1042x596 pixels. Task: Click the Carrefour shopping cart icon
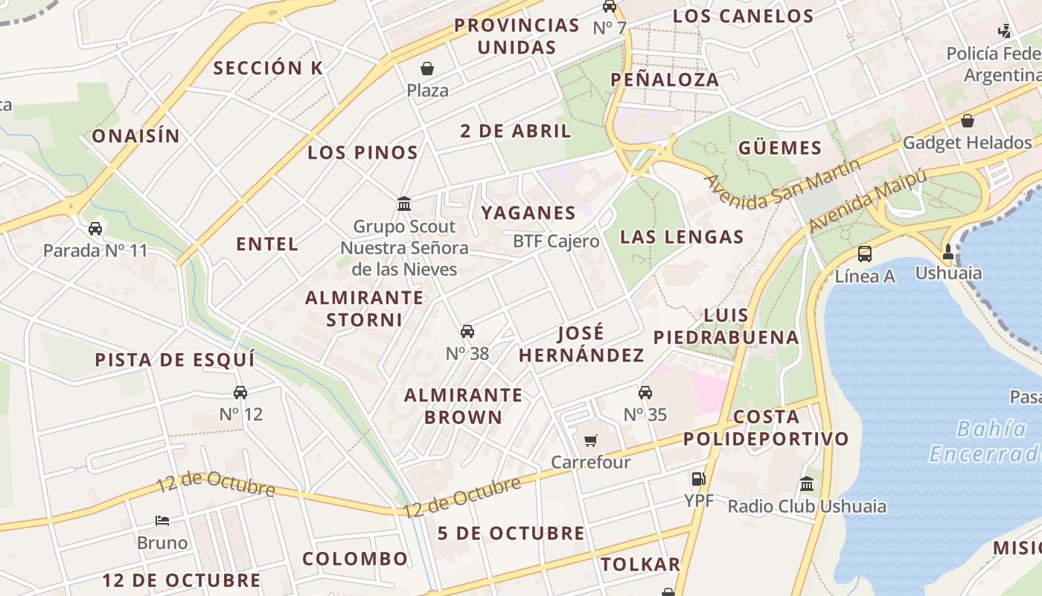tap(591, 440)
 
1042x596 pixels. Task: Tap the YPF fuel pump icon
tap(698, 479)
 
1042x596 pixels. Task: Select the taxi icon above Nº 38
tap(467, 332)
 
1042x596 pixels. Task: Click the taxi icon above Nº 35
tap(645, 393)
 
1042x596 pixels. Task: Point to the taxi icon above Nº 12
tap(240, 393)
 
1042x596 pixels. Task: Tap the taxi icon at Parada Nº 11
tap(95, 229)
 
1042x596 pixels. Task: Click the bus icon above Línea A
tap(865, 254)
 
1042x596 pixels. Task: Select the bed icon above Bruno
tap(162, 520)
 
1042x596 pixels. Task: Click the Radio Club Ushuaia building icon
tap(807, 485)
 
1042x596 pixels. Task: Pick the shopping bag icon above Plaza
tap(428, 69)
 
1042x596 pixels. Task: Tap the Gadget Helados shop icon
tap(968, 121)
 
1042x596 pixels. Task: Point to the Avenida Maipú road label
tap(868, 200)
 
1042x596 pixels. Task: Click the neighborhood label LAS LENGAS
tap(682, 237)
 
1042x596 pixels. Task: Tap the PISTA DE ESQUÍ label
tap(175, 360)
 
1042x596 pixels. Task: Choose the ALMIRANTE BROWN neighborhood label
tap(463, 406)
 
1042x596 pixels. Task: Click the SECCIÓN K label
tap(268, 68)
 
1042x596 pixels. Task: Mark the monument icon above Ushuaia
tap(948, 252)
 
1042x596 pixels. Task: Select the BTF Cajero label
tap(556, 241)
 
